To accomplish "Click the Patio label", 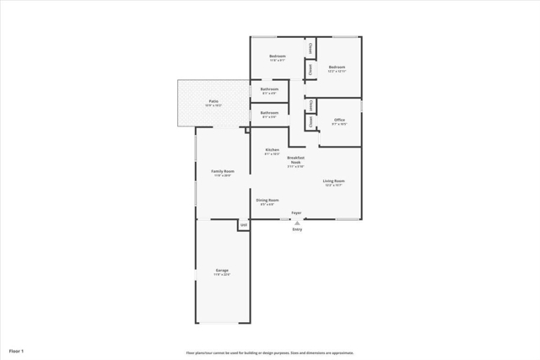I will (214, 101).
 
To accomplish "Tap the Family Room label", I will (223, 171).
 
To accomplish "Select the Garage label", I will (222, 271).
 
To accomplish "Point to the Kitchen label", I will (272, 150).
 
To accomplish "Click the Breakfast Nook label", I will (295, 160).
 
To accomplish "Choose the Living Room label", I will (333, 181).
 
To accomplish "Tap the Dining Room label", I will (267, 200).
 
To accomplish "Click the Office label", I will (339, 120).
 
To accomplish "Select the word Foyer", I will (296, 212).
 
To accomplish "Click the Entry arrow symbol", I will (296, 223).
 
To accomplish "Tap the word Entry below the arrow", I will (296, 229).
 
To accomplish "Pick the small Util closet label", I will (243, 224).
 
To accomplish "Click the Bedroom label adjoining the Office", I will (337, 67).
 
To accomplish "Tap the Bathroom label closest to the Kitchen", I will (270, 112).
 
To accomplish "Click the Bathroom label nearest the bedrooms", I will (270, 89).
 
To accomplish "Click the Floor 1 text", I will (17, 350).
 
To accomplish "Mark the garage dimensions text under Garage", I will (222, 276).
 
